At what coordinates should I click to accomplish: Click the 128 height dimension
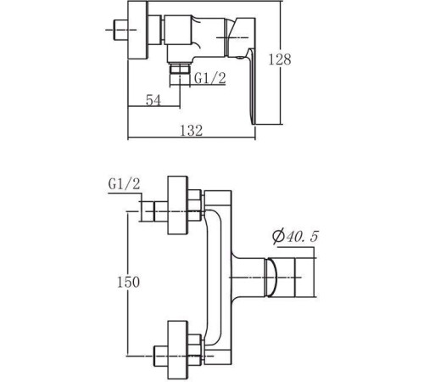pos(280,59)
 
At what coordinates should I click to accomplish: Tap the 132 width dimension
pos(192,131)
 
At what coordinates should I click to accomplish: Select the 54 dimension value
pos(153,100)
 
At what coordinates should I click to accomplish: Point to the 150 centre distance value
pos(128,282)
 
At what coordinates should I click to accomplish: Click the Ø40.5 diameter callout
pos(295,237)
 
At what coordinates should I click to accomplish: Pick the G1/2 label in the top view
pos(210,78)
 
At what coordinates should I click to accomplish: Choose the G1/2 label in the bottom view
pos(124,184)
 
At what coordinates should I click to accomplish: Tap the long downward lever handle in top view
pos(251,87)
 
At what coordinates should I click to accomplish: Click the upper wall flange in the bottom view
pos(178,205)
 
